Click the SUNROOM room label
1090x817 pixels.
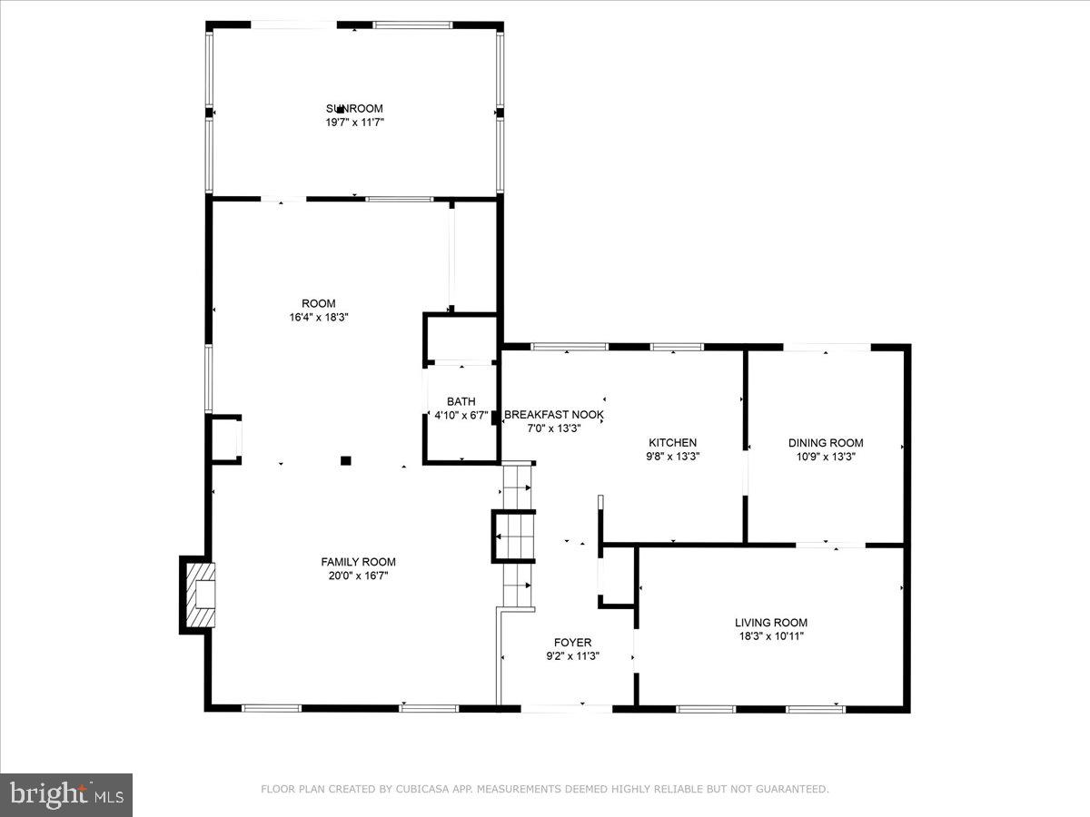pyautogui.click(x=354, y=109)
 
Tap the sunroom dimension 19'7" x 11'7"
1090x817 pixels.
pyautogui.click(x=354, y=122)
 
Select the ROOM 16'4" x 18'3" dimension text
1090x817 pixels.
pyautogui.click(x=319, y=318)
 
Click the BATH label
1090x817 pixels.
pyautogui.click(x=461, y=402)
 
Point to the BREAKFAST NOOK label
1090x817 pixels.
pyautogui.click(x=554, y=415)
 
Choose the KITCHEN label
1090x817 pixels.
pyautogui.click(x=672, y=443)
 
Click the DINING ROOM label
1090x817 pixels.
pyautogui.click(x=826, y=443)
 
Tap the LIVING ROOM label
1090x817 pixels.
pyautogui.click(x=771, y=623)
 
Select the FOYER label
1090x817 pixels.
pyautogui.click(x=572, y=643)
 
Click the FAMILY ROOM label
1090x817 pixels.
pyautogui.click(x=358, y=562)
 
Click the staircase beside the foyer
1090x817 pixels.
pyautogui.click(x=515, y=536)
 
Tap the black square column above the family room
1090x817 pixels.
pyautogui.click(x=345, y=461)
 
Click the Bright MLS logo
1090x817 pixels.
pyautogui.click(x=66, y=795)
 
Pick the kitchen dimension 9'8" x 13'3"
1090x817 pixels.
pyautogui.click(x=672, y=457)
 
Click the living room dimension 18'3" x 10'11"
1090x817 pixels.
pyautogui.click(x=771, y=636)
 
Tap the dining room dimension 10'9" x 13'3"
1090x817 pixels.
pyautogui.click(x=826, y=457)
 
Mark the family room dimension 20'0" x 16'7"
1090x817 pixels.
pyautogui.click(x=358, y=576)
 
